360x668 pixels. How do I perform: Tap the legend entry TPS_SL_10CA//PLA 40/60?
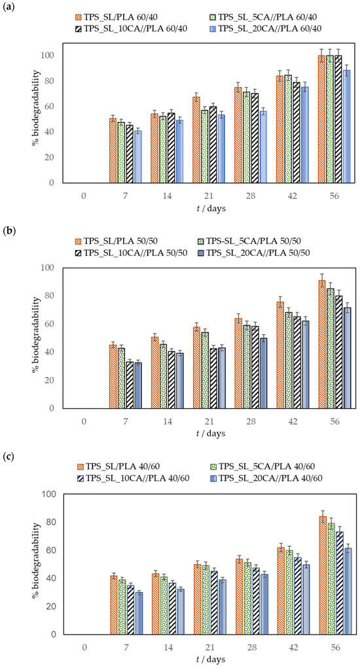pyautogui.click(x=132, y=478)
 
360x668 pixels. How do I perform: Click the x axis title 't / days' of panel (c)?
pyautogui.click(x=211, y=659)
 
